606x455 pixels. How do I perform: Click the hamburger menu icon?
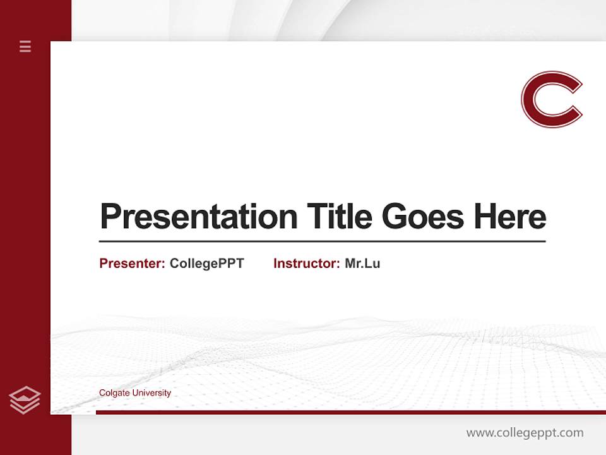(25, 46)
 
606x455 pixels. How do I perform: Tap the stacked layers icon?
(25, 400)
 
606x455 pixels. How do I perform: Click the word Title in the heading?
(340, 216)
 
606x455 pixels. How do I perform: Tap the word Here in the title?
(510, 216)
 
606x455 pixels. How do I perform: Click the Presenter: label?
(132, 264)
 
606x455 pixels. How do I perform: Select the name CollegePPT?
(206, 264)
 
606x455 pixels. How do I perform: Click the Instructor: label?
(306, 264)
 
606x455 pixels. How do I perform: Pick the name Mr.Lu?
(362, 264)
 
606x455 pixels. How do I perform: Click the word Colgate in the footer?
(115, 393)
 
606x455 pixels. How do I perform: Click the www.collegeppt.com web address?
(525, 433)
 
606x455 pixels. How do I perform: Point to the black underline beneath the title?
(322, 241)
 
